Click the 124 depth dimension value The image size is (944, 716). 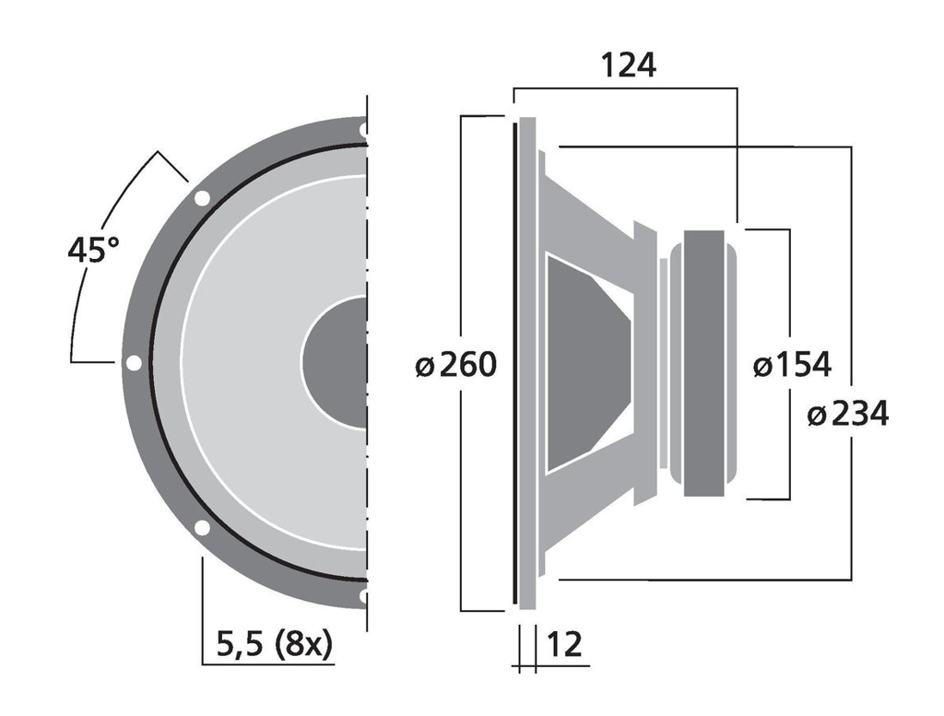[x=628, y=65]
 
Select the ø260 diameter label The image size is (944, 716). [x=455, y=366]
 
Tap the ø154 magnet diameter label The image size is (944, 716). [x=792, y=366]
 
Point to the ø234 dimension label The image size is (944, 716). [x=847, y=415]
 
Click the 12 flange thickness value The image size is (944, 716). [x=565, y=644]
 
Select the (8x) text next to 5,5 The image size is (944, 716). [x=303, y=644]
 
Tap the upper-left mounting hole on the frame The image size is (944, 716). [x=202, y=197]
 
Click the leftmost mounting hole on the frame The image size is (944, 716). [x=134, y=363]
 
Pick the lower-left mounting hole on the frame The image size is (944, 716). [x=202, y=528]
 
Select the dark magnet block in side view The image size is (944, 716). [x=711, y=363]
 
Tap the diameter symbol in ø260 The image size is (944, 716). [x=424, y=367]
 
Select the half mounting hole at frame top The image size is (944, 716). [x=364, y=130]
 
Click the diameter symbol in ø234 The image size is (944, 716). [x=816, y=416]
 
